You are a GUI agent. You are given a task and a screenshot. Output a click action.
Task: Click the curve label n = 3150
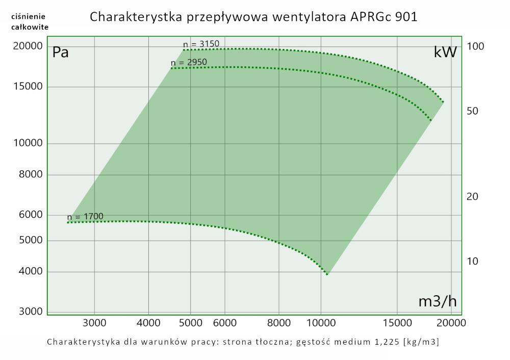click(x=201, y=44)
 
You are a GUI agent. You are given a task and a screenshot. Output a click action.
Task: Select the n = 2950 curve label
click(x=189, y=63)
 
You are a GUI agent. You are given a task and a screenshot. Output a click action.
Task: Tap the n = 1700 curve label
click(x=85, y=217)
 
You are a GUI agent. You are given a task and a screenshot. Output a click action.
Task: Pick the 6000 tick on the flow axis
click(x=224, y=323)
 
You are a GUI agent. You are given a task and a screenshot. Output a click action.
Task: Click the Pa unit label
click(x=61, y=53)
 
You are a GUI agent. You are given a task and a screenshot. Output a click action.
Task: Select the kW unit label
click(x=445, y=53)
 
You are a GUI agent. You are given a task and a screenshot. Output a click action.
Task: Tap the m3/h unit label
click(x=437, y=301)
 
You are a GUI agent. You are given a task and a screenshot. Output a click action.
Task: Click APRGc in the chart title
click(x=375, y=17)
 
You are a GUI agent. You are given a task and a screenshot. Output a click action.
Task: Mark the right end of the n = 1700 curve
click(x=327, y=274)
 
